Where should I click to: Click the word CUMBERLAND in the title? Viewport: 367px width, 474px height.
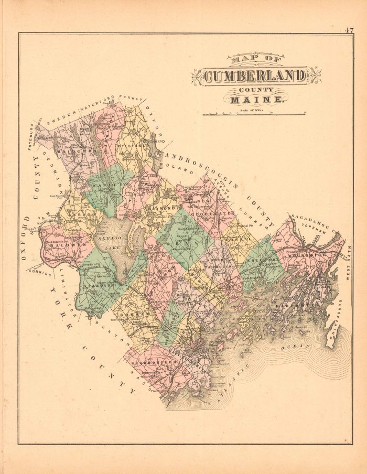(x=254, y=77)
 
